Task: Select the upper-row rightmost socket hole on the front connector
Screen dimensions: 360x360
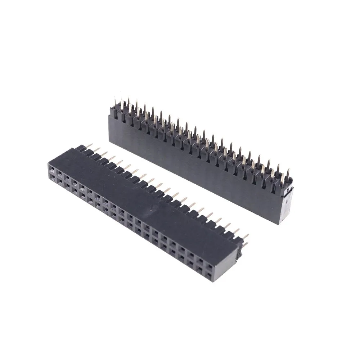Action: tap(209, 267)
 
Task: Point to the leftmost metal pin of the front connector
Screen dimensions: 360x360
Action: tap(88, 145)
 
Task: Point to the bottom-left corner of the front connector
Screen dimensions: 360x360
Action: tap(49, 180)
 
